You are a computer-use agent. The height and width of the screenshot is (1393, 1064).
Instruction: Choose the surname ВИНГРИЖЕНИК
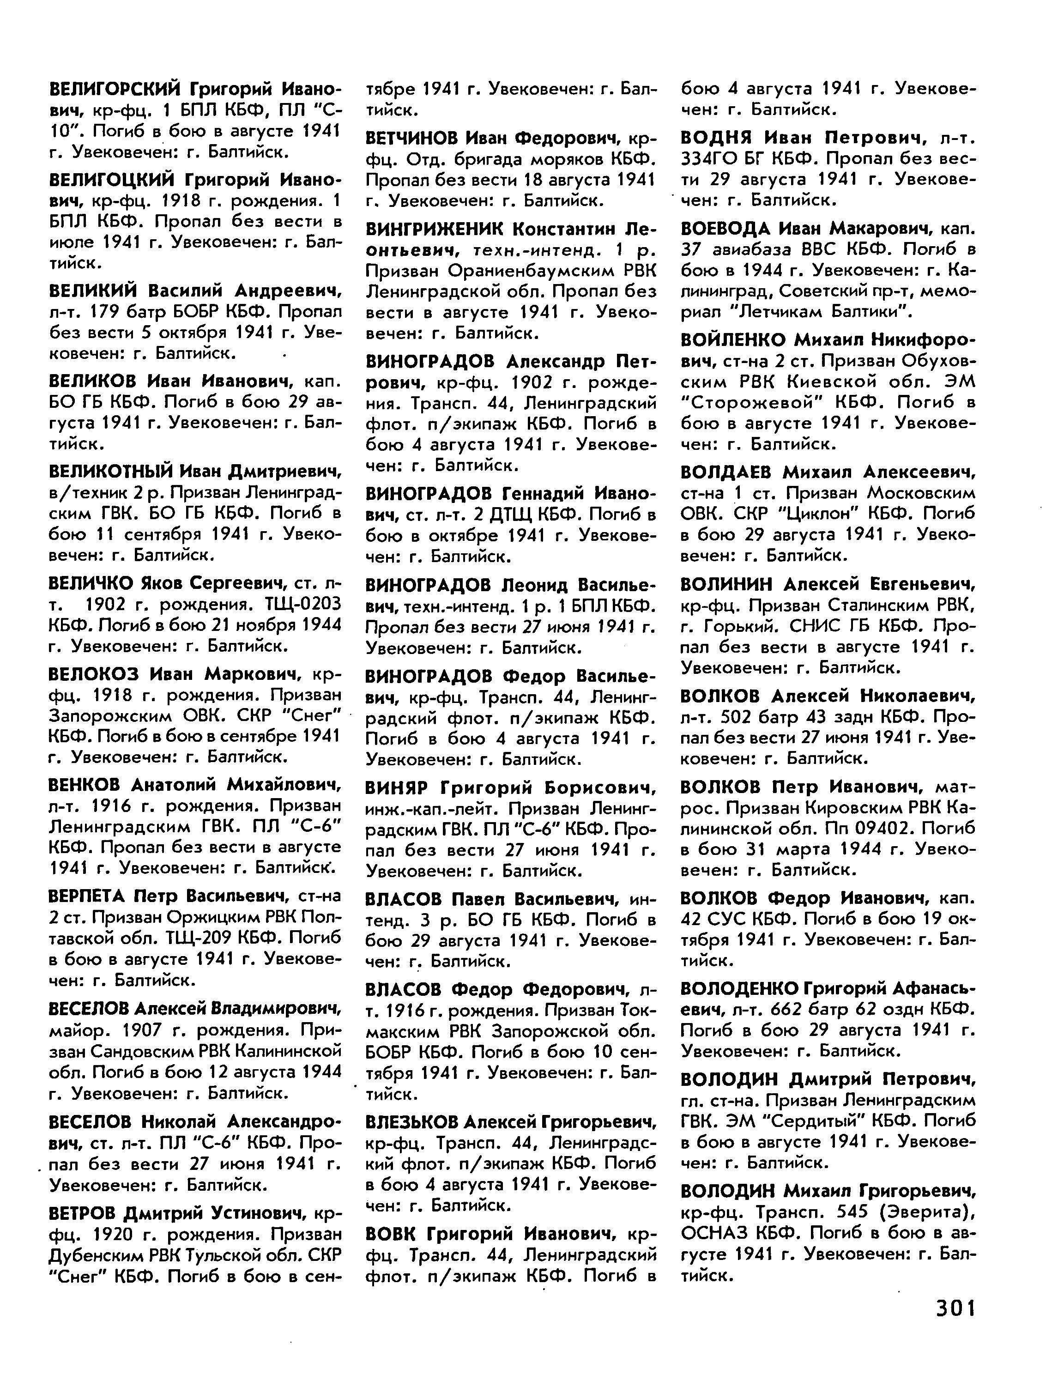(x=435, y=228)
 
